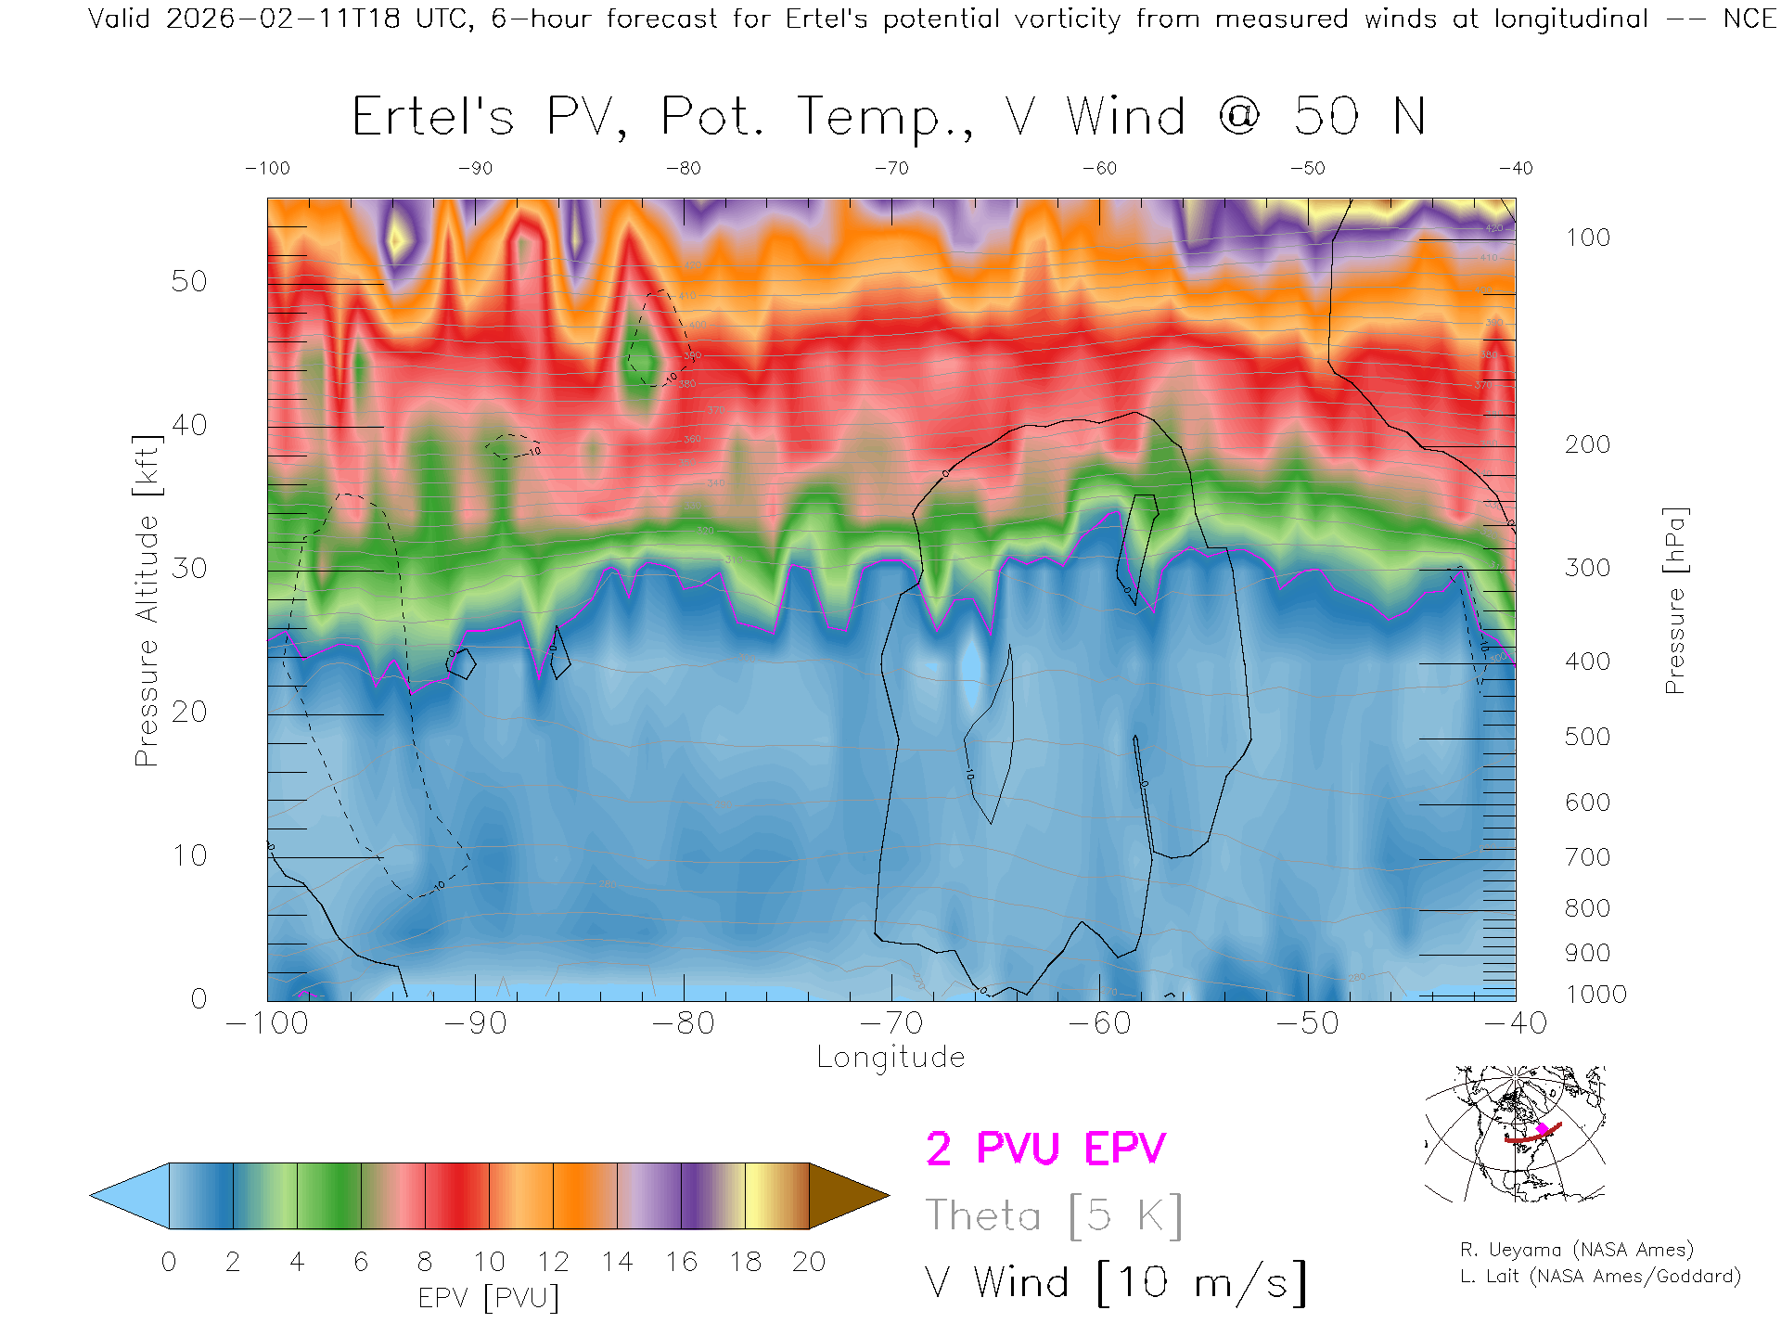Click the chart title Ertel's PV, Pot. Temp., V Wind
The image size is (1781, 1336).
tap(888, 118)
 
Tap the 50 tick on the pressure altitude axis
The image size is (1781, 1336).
tap(189, 282)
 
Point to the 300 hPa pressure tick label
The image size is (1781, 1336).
tap(1587, 568)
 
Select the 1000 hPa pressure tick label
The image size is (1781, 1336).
tap(1595, 995)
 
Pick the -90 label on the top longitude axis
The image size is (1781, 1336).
tap(475, 169)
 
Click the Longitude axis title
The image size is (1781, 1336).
tap(890, 1058)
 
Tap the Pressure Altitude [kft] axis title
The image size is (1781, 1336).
tap(147, 600)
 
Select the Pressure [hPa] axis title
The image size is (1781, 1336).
tap(1675, 600)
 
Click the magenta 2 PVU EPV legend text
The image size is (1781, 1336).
tap(1045, 1149)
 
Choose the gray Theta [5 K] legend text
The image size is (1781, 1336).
tap(1054, 1215)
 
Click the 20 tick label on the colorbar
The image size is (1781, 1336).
tap(809, 1262)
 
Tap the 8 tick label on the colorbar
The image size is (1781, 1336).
tap(425, 1262)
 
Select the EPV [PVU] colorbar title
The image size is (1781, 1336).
tap(489, 1298)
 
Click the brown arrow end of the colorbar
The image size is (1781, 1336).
tap(846, 1196)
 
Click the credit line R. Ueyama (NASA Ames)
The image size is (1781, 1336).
tap(1576, 1250)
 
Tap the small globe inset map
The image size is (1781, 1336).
tap(1515, 1134)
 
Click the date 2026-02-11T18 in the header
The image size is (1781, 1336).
tap(283, 19)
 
